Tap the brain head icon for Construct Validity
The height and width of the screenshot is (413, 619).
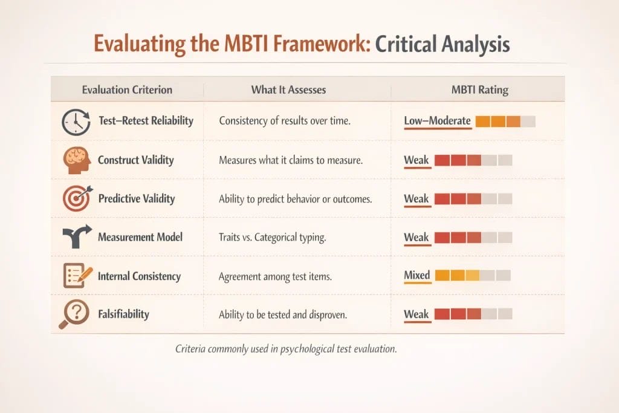tap(76, 160)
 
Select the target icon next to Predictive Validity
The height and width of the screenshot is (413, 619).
tap(76, 199)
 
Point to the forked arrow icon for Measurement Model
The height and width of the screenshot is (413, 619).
tap(76, 237)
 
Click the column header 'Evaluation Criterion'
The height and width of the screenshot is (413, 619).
tap(127, 89)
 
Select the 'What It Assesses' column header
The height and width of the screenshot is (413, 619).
tap(288, 89)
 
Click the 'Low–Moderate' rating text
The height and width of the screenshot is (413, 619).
tap(437, 121)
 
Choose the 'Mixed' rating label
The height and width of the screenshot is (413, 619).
tap(416, 275)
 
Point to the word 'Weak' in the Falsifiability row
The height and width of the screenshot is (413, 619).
tap(416, 314)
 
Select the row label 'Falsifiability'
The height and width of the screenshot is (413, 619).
tap(123, 314)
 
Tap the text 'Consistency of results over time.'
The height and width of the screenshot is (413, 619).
tap(285, 122)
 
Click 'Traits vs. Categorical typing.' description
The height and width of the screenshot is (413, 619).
tap(273, 238)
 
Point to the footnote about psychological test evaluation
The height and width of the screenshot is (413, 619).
tap(286, 349)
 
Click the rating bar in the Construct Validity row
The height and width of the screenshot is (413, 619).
tap(473, 160)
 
